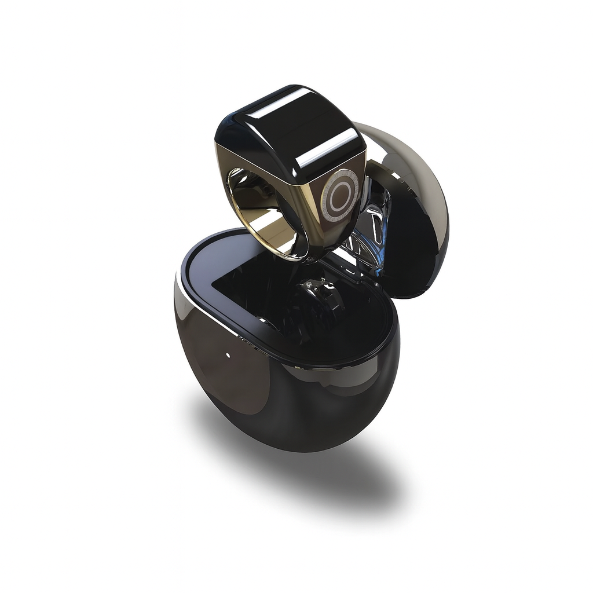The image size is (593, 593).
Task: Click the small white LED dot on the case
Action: point(228,354)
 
